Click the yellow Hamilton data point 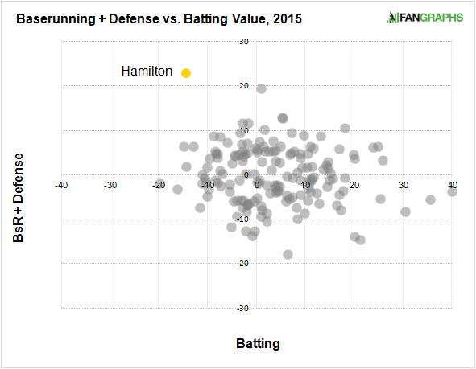pyautogui.click(x=186, y=72)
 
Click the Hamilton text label pyautogui.click(x=147, y=72)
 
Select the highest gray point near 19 pyautogui.click(x=261, y=88)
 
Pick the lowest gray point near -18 pyautogui.click(x=288, y=254)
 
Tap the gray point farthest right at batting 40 pyautogui.click(x=453, y=191)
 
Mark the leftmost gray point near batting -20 pyautogui.click(x=159, y=184)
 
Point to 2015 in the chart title pyautogui.click(x=288, y=18)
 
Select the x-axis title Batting pyautogui.click(x=258, y=344)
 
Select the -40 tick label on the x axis pyautogui.click(x=60, y=184)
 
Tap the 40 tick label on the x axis pyautogui.click(x=453, y=184)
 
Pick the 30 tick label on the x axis pyautogui.click(x=404, y=184)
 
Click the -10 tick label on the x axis pyautogui.click(x=208, y=184)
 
